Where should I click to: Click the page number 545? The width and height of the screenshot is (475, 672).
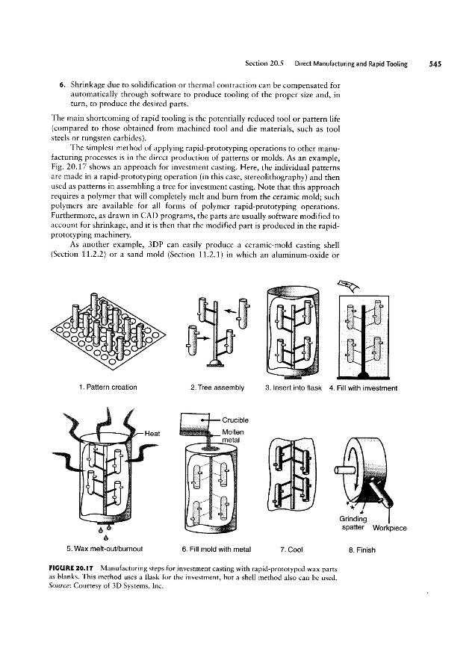coord(435,64)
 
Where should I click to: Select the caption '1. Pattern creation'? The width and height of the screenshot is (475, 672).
coord(107,387)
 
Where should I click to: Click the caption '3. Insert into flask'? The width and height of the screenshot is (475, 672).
coord(290,387)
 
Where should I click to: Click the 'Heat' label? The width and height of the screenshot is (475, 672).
coord(152,433)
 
